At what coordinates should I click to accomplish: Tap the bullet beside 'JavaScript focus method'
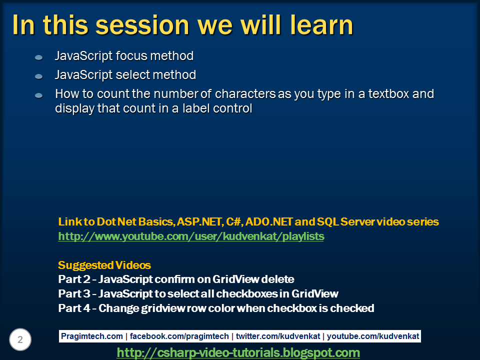(38, 57)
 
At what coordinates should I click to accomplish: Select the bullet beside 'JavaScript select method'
(38, 76)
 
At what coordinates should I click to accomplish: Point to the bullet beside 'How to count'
(38, 95)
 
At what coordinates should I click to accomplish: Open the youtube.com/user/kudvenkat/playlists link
(191, 236)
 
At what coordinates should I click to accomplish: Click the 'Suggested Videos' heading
(104, 265)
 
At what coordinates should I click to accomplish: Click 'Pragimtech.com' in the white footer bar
(91, 336)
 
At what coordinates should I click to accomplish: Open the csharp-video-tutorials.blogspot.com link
(238, 352)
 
